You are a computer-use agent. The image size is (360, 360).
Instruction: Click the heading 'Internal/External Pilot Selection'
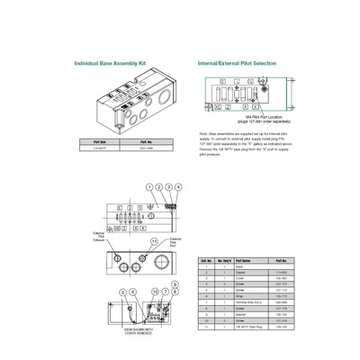(237, 64)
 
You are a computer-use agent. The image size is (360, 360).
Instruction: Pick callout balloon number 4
(178, 186)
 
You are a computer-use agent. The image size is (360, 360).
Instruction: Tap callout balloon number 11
(154, 242)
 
